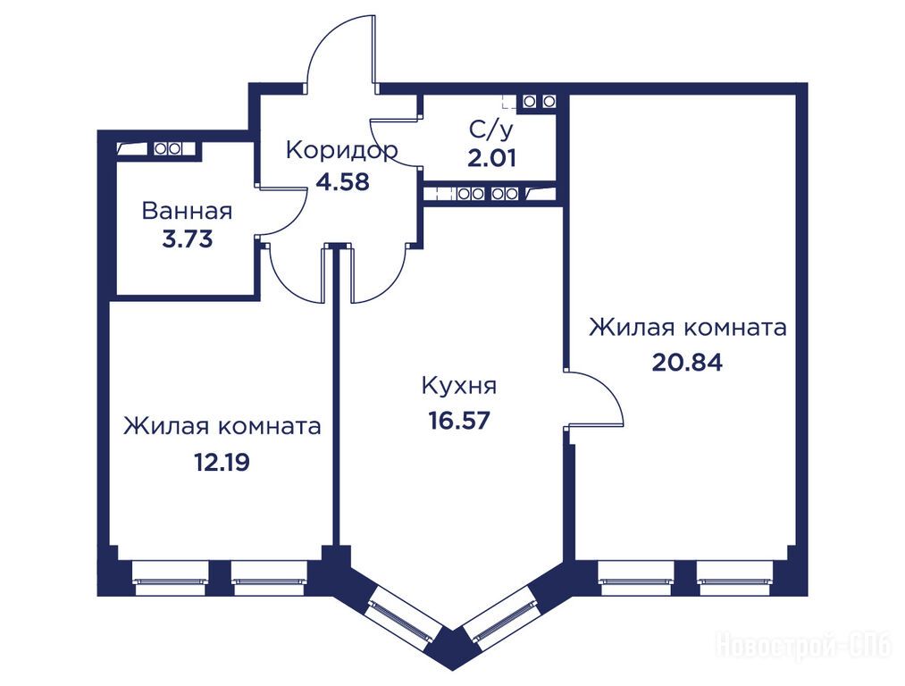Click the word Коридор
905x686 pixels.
pos(341,151)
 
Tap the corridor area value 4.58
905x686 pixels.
pos(342,181)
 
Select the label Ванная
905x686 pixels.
pos(187,211)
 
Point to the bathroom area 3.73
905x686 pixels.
pos(188,238)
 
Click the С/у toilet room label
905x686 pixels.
pos(490,131)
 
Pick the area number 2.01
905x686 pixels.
pos(491,158)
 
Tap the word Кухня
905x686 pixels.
pos(459,385)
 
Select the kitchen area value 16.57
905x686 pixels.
pos(459,421)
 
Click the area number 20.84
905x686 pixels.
pos(687,363)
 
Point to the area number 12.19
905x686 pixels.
pos(222,462)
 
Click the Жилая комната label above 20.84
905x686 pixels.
pos(687,328)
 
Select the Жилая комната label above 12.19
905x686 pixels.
pos(222,427)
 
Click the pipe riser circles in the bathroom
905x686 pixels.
pos(168,149)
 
